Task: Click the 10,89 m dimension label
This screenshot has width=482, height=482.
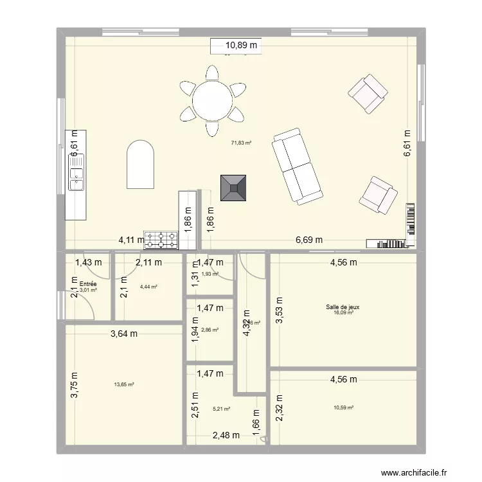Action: (x=240, y=46)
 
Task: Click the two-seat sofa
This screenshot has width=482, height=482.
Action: (x=296, y=166)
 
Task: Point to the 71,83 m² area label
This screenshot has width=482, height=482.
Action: (x=241, y=143)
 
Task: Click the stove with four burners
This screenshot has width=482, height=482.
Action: (x=161, y=240)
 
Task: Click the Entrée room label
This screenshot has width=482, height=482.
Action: (x=88, y=283)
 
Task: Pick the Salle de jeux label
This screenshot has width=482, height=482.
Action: (x=343, y=307)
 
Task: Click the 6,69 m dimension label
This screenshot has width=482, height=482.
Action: (x=308, y=240)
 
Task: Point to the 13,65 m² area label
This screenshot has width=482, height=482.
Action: (x=124, y=384)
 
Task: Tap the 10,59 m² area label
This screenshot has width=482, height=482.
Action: (x=343, y=407)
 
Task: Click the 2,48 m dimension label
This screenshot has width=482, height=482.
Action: (x=226, y=435)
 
